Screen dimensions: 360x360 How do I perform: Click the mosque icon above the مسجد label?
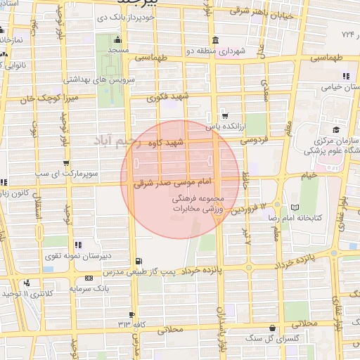point(117,41)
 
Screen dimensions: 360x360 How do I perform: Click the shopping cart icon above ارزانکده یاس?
point(224,117)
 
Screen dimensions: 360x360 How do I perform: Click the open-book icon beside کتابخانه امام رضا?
point(294,207)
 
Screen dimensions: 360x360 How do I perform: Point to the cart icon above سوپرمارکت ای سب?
point(65,162)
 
